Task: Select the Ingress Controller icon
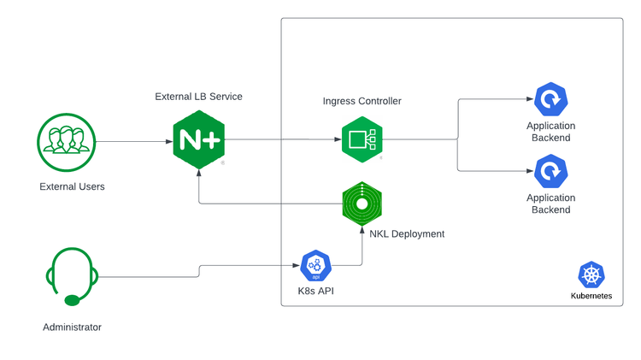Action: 361,139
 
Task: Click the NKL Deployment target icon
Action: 361,204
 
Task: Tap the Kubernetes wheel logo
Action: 591,275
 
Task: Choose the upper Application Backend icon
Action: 550,102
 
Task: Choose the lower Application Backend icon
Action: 550,173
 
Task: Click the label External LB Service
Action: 198,97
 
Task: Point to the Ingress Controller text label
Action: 362,101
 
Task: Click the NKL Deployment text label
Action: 407,233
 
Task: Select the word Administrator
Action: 72,328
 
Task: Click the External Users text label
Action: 72,186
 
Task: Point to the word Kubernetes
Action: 591,296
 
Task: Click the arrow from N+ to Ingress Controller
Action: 282,140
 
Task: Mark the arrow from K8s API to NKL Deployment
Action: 362,248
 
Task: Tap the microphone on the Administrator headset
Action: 74,299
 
